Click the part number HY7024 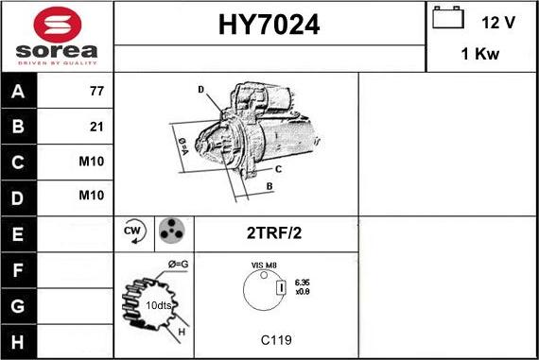coord(269,26)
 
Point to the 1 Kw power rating coord(480,55)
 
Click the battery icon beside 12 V coord(448,19)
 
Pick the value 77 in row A coord(96,92)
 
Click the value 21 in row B coord(96,127)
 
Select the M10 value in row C coord(92,162)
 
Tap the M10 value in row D coord(92,196)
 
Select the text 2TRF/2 coord(276,232)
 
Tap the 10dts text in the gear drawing coord(158,307)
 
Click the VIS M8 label coord(264,266)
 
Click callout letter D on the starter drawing coord(201,90)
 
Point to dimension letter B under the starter coord(269,186)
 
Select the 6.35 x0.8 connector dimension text coord(303,286)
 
